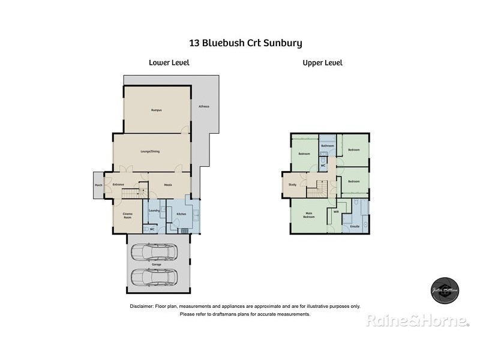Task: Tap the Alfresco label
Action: [x=204, y=106]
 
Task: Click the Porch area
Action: [x=98, y=185]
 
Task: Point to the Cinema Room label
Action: [x=128, y=215]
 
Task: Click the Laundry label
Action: [x=154, y=210]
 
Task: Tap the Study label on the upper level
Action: [x=292, y=185]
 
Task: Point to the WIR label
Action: [x=336, y=211]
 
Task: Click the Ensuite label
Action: [x=355, y=226]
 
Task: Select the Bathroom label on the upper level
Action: [x=328, y=146]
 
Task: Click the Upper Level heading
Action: [x=322, y=62]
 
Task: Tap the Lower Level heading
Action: [x=169, y=62]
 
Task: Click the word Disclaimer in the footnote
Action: [x=142, y=306]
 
